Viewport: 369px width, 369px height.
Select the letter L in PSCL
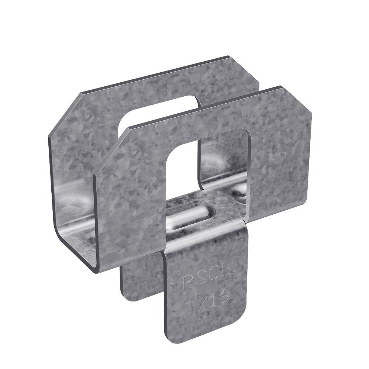(226, 275)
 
